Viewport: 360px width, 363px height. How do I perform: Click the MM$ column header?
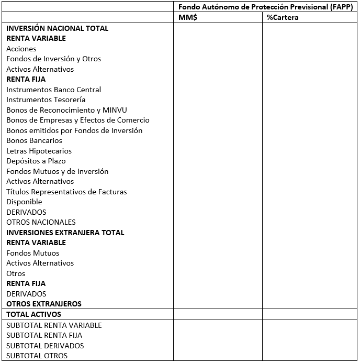(x=188, y=17)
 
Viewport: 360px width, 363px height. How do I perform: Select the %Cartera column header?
(x=283, y=17)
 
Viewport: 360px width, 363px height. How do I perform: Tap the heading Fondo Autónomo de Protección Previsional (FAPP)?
(x=265, y=7)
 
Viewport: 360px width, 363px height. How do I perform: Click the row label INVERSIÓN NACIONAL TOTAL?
(x=58, y=28)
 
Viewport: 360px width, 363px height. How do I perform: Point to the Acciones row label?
(x=21, y=49)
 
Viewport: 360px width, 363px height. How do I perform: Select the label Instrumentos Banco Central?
(x=54, y=90)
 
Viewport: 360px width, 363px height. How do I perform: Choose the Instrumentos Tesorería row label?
(x=46, y=100)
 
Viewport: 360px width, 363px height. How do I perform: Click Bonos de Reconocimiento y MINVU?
(x=66, y=110)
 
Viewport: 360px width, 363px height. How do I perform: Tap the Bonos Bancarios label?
(x=34, y=140)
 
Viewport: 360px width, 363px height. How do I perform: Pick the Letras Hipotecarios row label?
(x=39, y=151)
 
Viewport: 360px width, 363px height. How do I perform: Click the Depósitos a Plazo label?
(x=36, y=161)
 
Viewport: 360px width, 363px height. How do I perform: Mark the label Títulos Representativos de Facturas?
(x=66, y=192)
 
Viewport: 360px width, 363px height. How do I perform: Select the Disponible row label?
(x=24, y=202)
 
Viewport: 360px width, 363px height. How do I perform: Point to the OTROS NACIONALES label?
(x=41, y=222)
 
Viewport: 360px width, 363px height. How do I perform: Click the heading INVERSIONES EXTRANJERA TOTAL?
(x=65, y=233)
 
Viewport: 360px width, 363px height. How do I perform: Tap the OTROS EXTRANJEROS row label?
(x=44, y=304)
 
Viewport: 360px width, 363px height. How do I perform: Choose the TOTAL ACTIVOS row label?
(x=34, y=314)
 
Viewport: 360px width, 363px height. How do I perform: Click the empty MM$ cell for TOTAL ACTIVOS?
(x=218, y=314)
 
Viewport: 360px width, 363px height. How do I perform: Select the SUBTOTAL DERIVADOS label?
(x=45, y=346)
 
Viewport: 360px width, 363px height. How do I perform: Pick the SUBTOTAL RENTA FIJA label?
(x=44, y=335)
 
